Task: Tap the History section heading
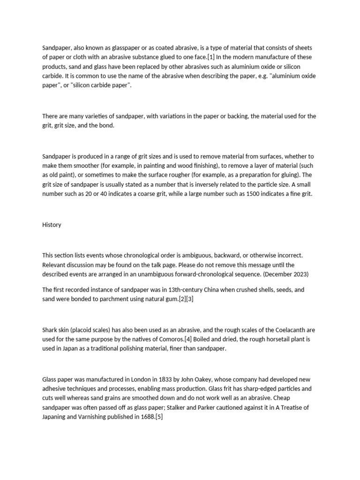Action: (52, 225)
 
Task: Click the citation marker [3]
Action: (189, 299)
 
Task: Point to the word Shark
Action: (50, 330)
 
